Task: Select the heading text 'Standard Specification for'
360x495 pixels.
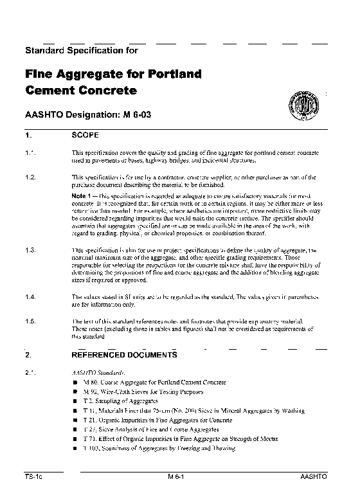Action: [80, 49]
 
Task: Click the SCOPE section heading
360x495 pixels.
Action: [85, 136]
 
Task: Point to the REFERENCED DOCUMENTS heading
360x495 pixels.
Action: [123, 354]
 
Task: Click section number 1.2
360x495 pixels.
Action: [30, 177]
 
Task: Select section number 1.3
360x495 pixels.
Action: [30, 249]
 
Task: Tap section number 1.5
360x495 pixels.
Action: [30, 320]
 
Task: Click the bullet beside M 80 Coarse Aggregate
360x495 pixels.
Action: [75, 382]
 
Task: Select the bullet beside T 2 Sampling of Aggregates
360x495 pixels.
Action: [75, 401]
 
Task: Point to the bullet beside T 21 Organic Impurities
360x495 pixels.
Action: [75, 419]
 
